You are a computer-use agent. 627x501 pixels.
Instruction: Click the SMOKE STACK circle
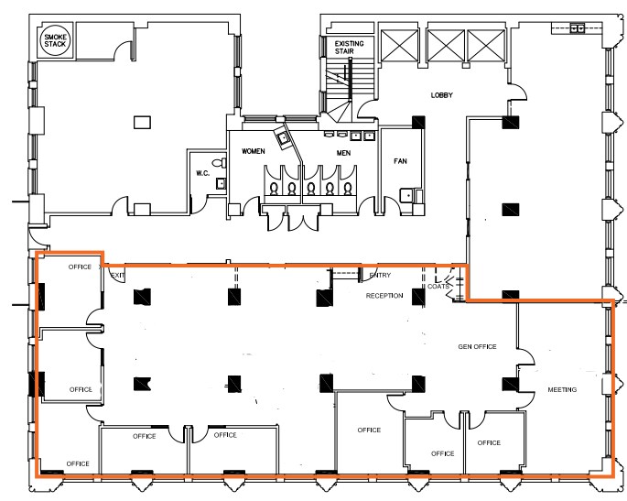[x=50, y=41]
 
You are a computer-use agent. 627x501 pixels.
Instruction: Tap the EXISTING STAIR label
[x=348, y=48]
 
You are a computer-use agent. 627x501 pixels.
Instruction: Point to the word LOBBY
[x=442, y=95]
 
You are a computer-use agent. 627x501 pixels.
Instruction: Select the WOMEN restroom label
[x=253, y=150]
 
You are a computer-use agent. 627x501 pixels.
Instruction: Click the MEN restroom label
[x=343, y=153]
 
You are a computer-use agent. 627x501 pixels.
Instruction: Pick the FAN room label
[x=400, y=161]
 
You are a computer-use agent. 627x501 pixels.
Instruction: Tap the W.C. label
[x=203, y=173]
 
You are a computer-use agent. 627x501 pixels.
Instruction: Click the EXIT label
[x=117, y=275]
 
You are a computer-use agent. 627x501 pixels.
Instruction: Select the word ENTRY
[x=379, y=275]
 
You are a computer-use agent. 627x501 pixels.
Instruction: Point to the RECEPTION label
[x=384, y=296]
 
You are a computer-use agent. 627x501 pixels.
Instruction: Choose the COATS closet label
[x=438, y=288]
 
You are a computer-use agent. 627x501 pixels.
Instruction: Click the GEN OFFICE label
[x=476, y=347]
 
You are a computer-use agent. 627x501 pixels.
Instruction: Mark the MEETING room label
[x=562, y=390]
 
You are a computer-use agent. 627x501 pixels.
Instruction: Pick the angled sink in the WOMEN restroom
[x=285, y=139]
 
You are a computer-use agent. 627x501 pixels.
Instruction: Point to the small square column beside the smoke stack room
[x=141, y=121]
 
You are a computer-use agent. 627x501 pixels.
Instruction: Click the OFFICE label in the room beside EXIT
[x=81, y=267]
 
